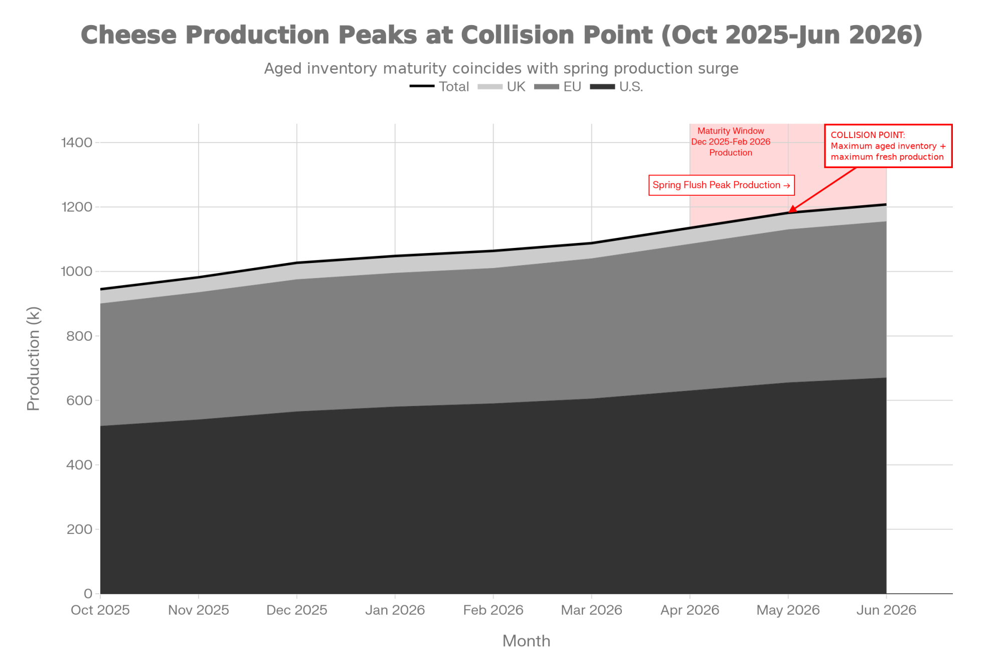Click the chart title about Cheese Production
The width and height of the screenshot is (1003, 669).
click(501, 35)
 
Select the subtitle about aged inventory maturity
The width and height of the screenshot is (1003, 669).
click(501, 68)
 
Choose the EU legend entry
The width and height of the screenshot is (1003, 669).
click(558, 87)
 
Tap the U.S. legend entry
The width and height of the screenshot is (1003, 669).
click(616, 87)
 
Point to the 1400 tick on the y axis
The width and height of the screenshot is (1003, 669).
click(77, 143)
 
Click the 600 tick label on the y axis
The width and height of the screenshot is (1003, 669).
click(79, 400)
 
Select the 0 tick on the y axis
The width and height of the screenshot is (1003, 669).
click(88, 594)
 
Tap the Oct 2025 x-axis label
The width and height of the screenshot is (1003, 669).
click(100, 610)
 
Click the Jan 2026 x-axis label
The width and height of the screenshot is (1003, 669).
click(395, 610)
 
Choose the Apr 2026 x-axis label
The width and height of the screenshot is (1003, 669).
click(690, 610)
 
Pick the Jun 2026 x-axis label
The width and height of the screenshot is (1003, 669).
click(886, 610)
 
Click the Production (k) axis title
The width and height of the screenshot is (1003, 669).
click(34, 359)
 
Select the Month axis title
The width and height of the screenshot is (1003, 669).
click(526, 641)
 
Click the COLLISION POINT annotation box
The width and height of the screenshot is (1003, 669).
click(888, 146)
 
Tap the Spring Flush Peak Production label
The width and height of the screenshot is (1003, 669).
click(721, 185)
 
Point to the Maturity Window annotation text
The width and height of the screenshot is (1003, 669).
click(731, 142)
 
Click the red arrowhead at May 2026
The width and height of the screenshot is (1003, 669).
click(791, 210)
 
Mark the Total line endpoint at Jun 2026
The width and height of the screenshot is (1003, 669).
click(886, 204)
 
